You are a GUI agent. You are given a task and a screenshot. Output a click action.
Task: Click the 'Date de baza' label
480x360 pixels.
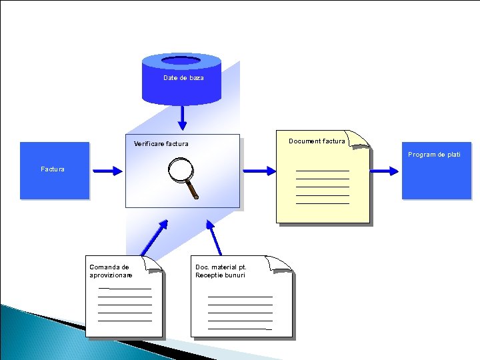click(183, 78)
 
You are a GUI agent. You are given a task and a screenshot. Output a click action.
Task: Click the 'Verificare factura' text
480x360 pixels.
click(161, 144)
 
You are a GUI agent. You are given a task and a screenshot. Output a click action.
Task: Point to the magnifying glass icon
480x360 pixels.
click(183, 177)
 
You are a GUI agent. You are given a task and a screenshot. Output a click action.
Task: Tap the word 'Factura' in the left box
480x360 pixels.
click(53, 169)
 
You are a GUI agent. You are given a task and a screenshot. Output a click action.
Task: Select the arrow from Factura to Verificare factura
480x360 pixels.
click(107, 171)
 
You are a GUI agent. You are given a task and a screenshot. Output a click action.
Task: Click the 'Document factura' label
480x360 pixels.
click(317, 141)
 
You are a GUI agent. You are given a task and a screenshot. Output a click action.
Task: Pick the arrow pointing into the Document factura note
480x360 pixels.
click(258, 171)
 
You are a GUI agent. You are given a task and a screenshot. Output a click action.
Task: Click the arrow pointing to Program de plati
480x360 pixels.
click(385, 171)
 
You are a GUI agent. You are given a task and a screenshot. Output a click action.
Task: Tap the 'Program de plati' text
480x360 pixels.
click(434, 155)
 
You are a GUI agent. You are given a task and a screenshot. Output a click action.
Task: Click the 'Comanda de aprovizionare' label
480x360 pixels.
click(111, 271)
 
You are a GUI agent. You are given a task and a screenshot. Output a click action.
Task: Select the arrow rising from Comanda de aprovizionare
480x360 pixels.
click(154, 237)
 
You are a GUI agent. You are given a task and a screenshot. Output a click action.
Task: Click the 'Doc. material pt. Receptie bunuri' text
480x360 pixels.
click(220, 271)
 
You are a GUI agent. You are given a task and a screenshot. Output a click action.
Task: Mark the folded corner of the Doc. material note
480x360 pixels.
click(281, 263)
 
